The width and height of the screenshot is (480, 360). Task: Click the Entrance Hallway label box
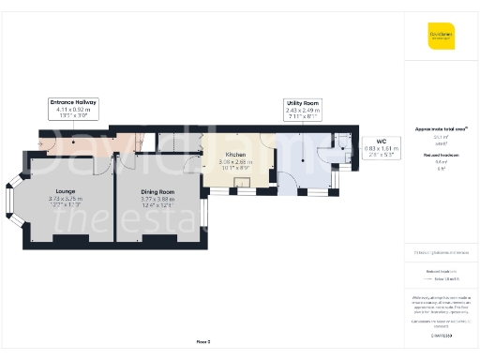(73, 107)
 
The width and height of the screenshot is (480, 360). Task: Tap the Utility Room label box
(302, 107)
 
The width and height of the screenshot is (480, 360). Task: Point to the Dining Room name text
(157, 192)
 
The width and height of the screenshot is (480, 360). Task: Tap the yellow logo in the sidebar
(442, 37)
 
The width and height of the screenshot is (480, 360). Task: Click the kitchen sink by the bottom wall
(242, 186)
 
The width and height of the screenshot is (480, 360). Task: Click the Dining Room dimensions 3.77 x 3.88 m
(157, 199)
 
